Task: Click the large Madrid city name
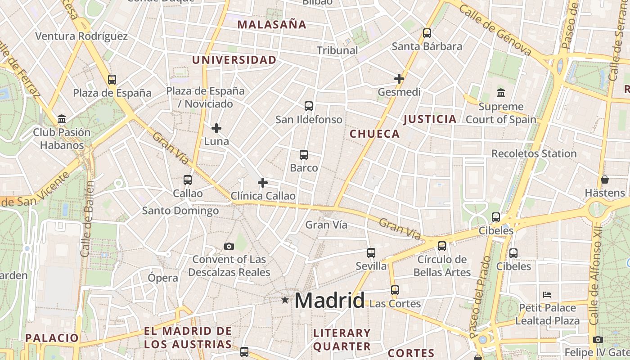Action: click(329, 300)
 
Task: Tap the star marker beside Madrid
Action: click(285, 300)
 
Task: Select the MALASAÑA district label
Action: click(272, 25)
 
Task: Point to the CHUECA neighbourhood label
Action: click(375, 134)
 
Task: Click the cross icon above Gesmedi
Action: click(399, 79)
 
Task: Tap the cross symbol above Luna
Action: click(216, 128)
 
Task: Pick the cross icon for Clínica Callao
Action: click(263, 183)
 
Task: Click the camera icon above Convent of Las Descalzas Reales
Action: click(229, 246)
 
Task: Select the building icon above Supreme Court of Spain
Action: click(501, 93)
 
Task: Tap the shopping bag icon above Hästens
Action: click(605, 180)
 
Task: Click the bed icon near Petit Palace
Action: click(547, 295)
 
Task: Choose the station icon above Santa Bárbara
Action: click(427, 33)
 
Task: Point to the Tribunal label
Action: click(337, 50)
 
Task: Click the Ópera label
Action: click(163, 278)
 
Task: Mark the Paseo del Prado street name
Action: click(480, 297)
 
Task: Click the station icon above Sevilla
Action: click(371, 253)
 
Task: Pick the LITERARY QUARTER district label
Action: click(342, 340)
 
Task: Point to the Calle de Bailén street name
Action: click(87, 219)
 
